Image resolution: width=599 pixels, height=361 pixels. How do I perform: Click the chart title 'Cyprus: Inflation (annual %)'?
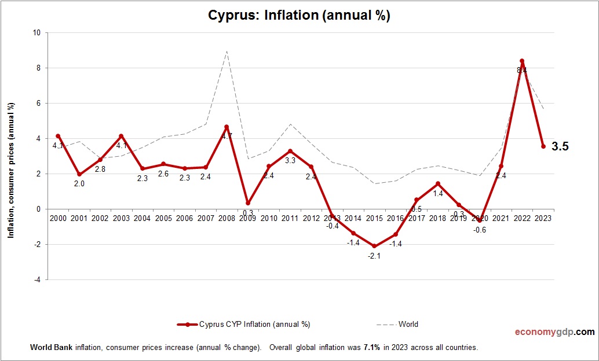[x=299, y=16]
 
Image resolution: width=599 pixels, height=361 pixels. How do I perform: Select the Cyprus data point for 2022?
[x=522, y=61]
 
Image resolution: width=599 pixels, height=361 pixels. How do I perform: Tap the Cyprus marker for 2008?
[x=227, y=127]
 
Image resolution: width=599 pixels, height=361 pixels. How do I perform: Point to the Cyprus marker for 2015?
[x=374, y=246]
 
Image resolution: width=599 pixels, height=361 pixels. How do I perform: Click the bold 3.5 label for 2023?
[x=560, y=147]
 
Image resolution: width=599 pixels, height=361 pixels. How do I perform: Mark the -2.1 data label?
[x=374, y=256]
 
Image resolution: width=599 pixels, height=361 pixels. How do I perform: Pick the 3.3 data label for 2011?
[x=290, y=161]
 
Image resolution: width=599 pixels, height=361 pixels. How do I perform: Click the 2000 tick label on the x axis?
[x=58, y=218]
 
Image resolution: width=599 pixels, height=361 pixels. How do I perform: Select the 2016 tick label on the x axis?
[x=396, y=218]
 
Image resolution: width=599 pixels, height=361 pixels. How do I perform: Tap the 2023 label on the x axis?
[x=543, y=218]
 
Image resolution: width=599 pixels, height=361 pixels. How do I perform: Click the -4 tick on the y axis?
[x=37, y=279]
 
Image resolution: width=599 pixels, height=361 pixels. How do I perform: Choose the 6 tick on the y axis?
[x=38, y=104]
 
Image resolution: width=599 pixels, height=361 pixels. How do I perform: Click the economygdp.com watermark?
[x=554, y=332]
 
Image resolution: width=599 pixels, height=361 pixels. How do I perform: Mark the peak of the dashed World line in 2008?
[x=227, y=51]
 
